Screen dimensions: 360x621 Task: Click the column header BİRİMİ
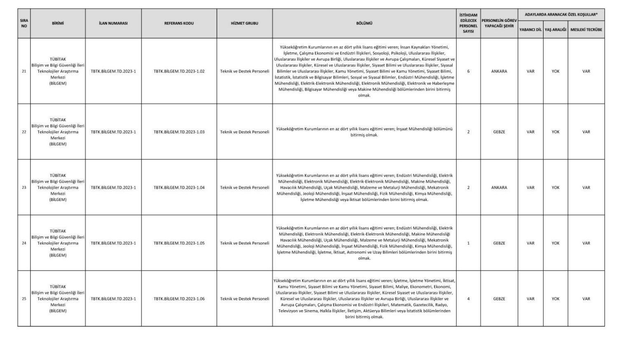coord(58,23)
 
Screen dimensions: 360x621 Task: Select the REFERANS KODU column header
coord(179,23)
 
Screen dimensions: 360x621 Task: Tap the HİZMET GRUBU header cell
coord(244,23)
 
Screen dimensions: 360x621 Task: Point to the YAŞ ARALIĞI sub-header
coord(555,30)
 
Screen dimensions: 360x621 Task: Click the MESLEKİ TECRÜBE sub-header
coord(586,30)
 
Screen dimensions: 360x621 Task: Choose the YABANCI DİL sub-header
coord(530,30)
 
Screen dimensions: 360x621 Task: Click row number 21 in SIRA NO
coord(24,71)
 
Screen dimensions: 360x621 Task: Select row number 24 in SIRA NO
coord(24,243)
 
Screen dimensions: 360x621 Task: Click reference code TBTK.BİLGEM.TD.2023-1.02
coord(179,71)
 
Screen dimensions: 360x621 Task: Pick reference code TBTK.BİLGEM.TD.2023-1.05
coord(179,243)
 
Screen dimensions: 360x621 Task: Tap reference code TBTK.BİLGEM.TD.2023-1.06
coord(179,299)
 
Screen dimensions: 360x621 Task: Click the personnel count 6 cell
coord(468,71)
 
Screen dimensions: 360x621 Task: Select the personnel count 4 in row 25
coord(468,299)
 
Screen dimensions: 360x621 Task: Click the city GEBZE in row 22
coord(499,132)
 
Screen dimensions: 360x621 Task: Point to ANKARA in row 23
coord(499,187)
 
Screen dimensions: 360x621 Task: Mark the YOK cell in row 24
coord(555,243)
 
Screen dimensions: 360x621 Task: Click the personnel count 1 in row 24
coord(468,243)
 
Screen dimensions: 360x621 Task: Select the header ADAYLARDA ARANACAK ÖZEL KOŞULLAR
coord(561,15)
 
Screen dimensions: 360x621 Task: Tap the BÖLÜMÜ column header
coord(364,23)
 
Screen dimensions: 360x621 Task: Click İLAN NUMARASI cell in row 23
coord(113,187)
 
